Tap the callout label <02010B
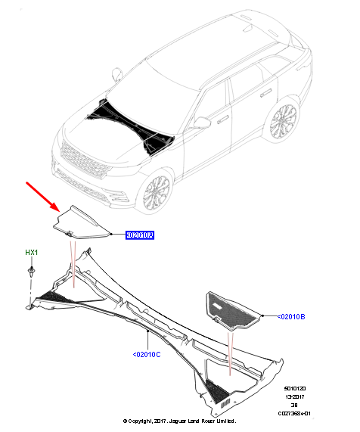291,316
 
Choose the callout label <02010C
147,353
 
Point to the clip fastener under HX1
31,270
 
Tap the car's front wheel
156,194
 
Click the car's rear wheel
284,120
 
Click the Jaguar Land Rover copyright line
180,421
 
